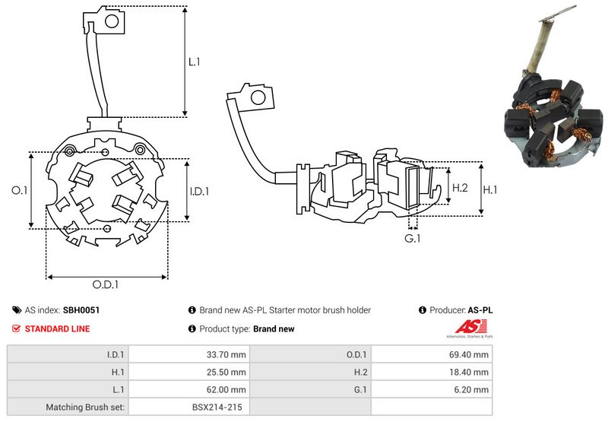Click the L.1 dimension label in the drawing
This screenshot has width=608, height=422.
pyautogui.click(x=195, y=62)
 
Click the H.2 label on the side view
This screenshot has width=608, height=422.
pyautogui.click(x=461, y=187)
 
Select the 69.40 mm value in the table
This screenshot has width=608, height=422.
pyautogui.click(x=469, y=354)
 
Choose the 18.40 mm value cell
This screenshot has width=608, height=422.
pyautogui.click(x=469, y=372)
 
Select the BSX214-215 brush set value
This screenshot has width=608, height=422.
pyautogui.click(x=216, y=408)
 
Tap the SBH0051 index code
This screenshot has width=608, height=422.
pyautogui.click(x=81, y=310)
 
